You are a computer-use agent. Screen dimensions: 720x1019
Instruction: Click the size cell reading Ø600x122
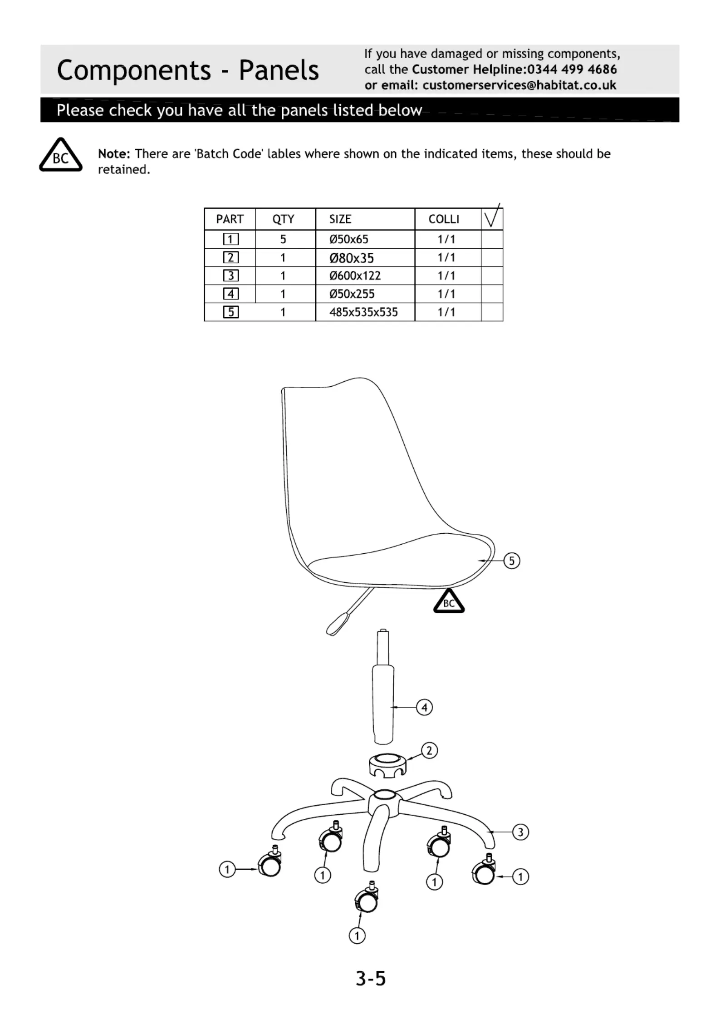click(355, 276)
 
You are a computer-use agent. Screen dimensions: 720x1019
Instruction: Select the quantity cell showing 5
click(283, 239)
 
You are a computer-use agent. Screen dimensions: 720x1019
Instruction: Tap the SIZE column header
click(340, 219)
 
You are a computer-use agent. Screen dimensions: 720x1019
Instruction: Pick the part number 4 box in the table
click(230, 294)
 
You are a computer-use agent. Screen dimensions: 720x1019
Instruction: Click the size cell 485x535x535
click(363, 312)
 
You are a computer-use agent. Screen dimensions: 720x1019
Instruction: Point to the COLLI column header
click(444, 219)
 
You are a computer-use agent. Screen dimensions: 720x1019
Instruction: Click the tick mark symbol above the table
click(493, 215)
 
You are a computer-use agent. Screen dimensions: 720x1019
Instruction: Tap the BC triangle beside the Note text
click(61, 155)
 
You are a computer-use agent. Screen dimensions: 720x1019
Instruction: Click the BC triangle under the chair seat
click(449, 601)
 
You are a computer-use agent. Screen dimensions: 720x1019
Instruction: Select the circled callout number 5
click(512, 561)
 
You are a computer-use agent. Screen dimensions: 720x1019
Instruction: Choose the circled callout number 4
click(425, 707)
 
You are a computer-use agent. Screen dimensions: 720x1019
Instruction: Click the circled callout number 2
click(429, 750)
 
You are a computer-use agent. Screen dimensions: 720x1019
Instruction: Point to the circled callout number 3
click(520, 832)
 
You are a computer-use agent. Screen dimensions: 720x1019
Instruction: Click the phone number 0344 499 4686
click(572, 69)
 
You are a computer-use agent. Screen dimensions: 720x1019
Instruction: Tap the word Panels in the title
click(279, 70)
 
